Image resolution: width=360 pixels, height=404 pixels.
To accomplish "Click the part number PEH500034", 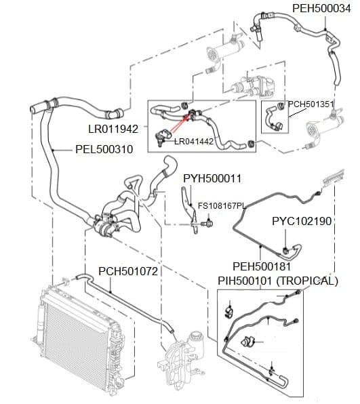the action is pyautogui.click(x=321, y=8).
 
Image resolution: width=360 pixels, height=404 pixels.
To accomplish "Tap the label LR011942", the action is pyautogui.click(x=113, y=129).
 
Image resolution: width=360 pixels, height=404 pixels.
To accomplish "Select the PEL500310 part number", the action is pyautogui.click(x=104, y=149).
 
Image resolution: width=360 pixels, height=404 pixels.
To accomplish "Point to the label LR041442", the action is pyautogui.click(x=194, y=142).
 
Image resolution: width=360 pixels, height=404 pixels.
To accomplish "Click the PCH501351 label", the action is pyautogui.click(x=311, y=104).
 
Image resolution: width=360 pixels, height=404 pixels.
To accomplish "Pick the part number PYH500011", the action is pyautogui.click(x=212, y=178).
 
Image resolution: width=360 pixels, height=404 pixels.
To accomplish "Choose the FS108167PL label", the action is pyautogui.click(x=222, y=205).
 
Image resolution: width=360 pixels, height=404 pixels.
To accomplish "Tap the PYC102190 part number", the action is pyautogui.click(x=302, y=222).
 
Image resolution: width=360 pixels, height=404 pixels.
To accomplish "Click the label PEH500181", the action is pyautogui.click(x=262, y=266).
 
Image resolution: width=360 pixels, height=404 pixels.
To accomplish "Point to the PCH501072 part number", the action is pyautogui.click(x=128, y=271).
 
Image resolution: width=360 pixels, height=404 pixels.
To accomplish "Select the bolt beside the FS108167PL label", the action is pyautogui.click(x=207, y=223).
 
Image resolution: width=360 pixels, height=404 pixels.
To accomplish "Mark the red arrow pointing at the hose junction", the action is pyautogui.click(x=180, y=124).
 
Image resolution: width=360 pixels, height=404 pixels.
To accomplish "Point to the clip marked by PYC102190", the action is pyautogui.click(x=285, y=250).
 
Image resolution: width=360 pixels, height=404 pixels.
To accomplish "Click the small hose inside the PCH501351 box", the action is pyautogui.click(x=270, y=117).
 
